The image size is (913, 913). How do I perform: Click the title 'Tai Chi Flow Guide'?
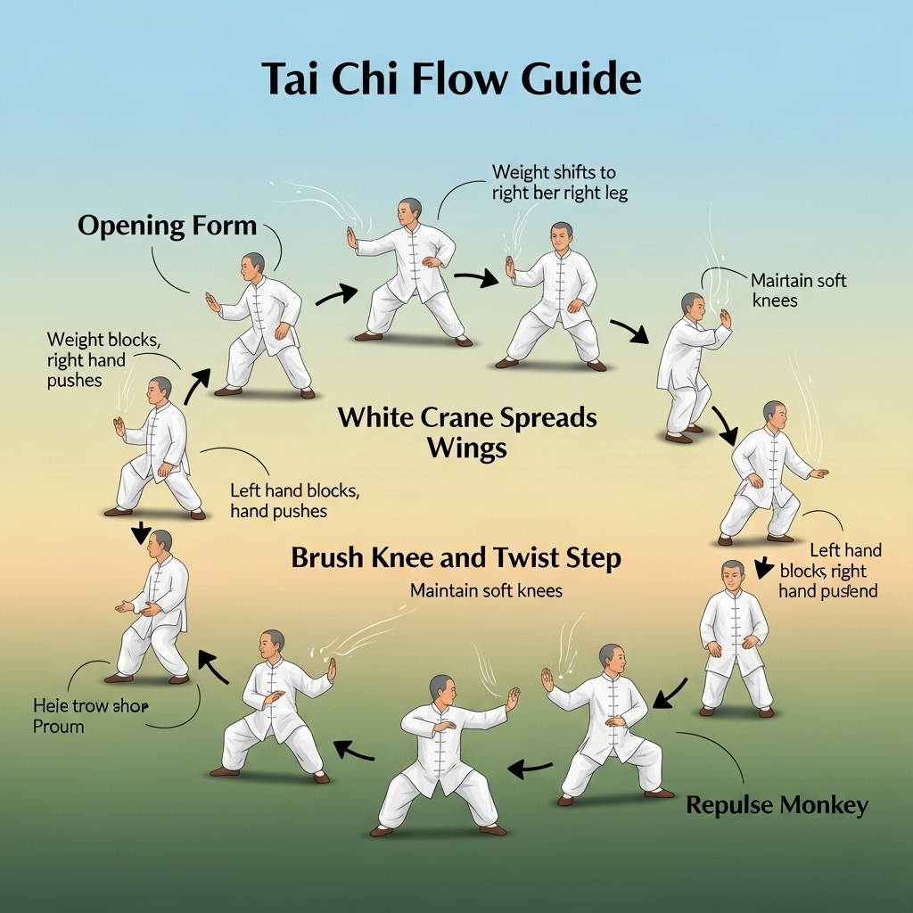coord(451,80)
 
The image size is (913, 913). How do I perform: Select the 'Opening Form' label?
coord(167,226)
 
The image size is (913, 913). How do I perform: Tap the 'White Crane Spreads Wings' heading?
coord(467,432)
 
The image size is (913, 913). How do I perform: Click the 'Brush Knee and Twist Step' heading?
coord(456,559)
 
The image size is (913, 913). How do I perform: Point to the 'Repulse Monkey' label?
coord(777,806)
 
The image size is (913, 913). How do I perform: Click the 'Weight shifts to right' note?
coord(559,182)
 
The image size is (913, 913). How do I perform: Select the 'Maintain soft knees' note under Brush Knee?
coord(486,590)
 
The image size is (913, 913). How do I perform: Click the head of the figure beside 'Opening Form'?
coord(254,263)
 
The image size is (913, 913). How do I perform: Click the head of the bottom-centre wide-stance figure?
coord(441,687)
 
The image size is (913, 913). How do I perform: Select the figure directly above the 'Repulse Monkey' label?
coord(606,722)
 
